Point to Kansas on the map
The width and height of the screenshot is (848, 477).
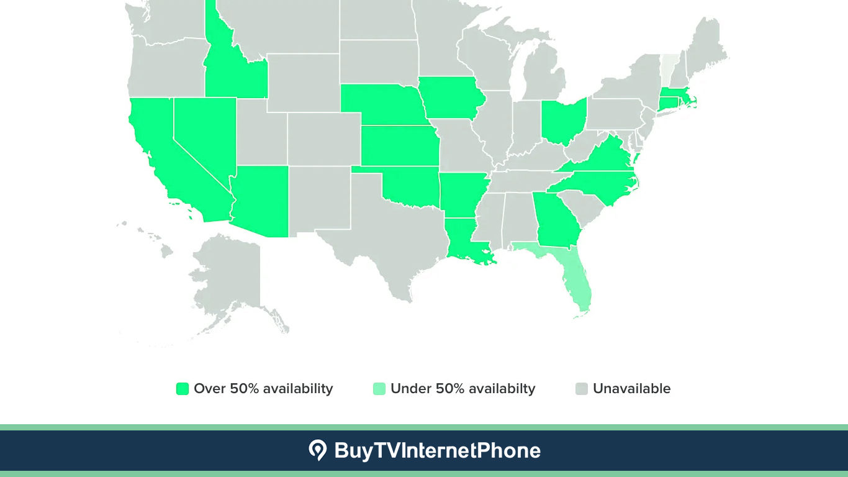[399, 145]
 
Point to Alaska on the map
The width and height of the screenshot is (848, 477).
[227, 273]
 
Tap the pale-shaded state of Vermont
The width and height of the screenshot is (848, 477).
[667, 68]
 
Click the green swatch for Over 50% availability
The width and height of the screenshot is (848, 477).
[182, 389]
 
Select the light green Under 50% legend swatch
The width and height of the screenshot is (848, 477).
[379, 389]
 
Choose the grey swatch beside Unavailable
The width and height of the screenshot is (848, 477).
[581, 389]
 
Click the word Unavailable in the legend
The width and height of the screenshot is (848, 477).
[631, 389]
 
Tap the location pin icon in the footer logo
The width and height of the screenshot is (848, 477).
[317, 450]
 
